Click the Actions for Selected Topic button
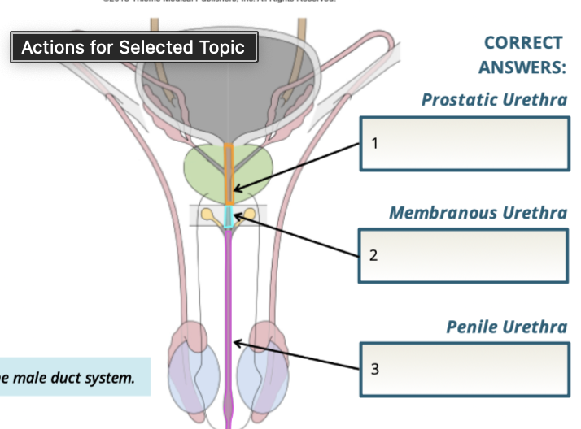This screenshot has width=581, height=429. click(x=133, y=47)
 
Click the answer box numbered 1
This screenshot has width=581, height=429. click(x=464, y=144)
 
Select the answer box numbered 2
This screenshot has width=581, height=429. click(x=464, y=255)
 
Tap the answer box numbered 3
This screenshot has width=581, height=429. click(x=464, y=368)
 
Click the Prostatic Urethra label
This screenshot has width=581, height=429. click(x=494, y=100)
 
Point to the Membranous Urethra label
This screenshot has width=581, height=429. click(x=478, y=213)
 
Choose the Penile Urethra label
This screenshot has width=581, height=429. click(x=506, y=327)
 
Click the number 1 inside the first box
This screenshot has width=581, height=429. click(x=374, y=144)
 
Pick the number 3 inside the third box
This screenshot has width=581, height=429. click(x=374, y=369)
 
